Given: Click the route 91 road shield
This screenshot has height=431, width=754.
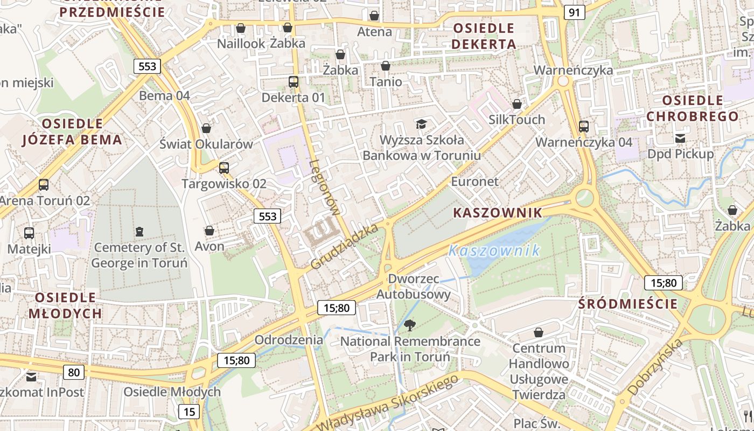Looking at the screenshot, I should [575, 12].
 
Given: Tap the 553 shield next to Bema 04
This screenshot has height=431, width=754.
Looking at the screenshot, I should [147, 66].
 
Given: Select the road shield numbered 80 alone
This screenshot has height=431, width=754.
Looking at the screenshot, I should [74, 372].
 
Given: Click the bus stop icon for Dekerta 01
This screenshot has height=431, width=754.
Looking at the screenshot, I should [294, 82].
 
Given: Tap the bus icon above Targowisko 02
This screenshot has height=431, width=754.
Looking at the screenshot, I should [224, 168].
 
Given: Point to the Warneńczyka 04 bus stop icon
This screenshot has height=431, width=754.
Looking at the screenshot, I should [584, 127].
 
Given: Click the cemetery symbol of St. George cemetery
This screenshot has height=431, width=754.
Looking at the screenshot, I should [140, 232].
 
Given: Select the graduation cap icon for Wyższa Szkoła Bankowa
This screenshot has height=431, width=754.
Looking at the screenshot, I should [421, 124].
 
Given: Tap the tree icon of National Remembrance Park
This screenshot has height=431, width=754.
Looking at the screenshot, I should [410, 325].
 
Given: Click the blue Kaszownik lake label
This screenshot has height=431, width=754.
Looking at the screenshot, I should [494, 250].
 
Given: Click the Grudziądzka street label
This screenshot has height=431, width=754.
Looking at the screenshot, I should [345, 247].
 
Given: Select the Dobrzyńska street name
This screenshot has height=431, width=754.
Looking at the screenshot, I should [655, 366].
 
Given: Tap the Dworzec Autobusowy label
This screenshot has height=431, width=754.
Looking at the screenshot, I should [413, 287].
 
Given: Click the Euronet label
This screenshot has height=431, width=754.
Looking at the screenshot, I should [474, 181].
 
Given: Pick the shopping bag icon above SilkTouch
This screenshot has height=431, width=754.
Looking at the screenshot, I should [517, 104].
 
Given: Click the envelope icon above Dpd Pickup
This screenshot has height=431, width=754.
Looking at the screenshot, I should [680, 138].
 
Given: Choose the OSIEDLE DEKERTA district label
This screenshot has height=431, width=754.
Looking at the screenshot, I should [484, 36].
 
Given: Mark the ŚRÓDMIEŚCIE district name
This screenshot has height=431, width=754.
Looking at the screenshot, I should [628, 304].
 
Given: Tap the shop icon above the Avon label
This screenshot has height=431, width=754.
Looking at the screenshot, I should [210, 231].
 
